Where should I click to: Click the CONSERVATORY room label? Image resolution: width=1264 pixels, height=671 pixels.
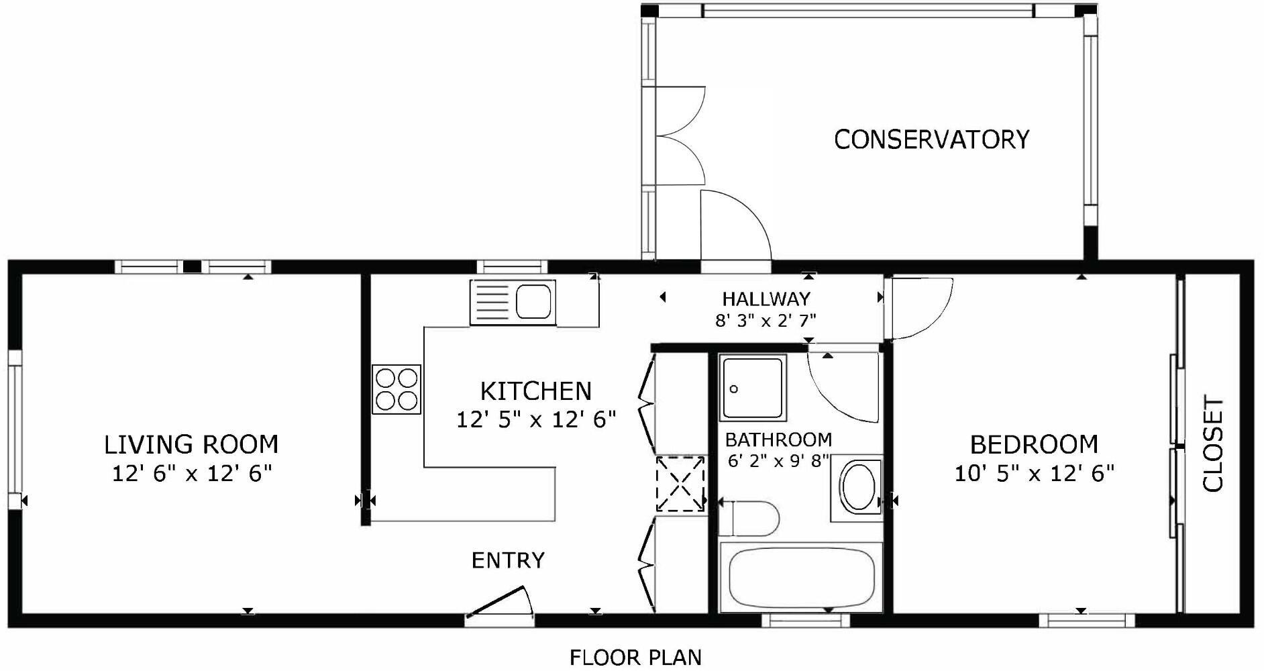coord(931,140)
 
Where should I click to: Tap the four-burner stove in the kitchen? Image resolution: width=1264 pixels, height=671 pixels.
coord(397,389)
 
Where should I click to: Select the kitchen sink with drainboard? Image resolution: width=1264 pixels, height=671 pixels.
coord(513,302)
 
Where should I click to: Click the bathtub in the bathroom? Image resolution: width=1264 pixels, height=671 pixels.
coord(800,577)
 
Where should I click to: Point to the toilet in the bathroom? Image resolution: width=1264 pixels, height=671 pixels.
coord(749,519)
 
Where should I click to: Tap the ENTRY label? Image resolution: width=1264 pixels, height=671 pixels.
coord(508,560)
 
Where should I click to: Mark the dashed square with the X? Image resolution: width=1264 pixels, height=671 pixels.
coord(680,484)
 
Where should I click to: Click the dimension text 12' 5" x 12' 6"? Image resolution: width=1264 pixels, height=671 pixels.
coord(536,420)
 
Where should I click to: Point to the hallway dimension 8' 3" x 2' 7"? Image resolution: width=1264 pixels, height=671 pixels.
coord(766,321)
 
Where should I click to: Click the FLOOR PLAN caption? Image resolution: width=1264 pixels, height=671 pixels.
coord(635,658)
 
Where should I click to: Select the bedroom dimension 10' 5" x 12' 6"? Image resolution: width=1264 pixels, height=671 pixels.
coord(1034,474)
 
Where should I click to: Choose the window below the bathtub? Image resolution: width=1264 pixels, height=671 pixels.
coord(805,621)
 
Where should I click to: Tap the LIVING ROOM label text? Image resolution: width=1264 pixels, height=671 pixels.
coord(191,444)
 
